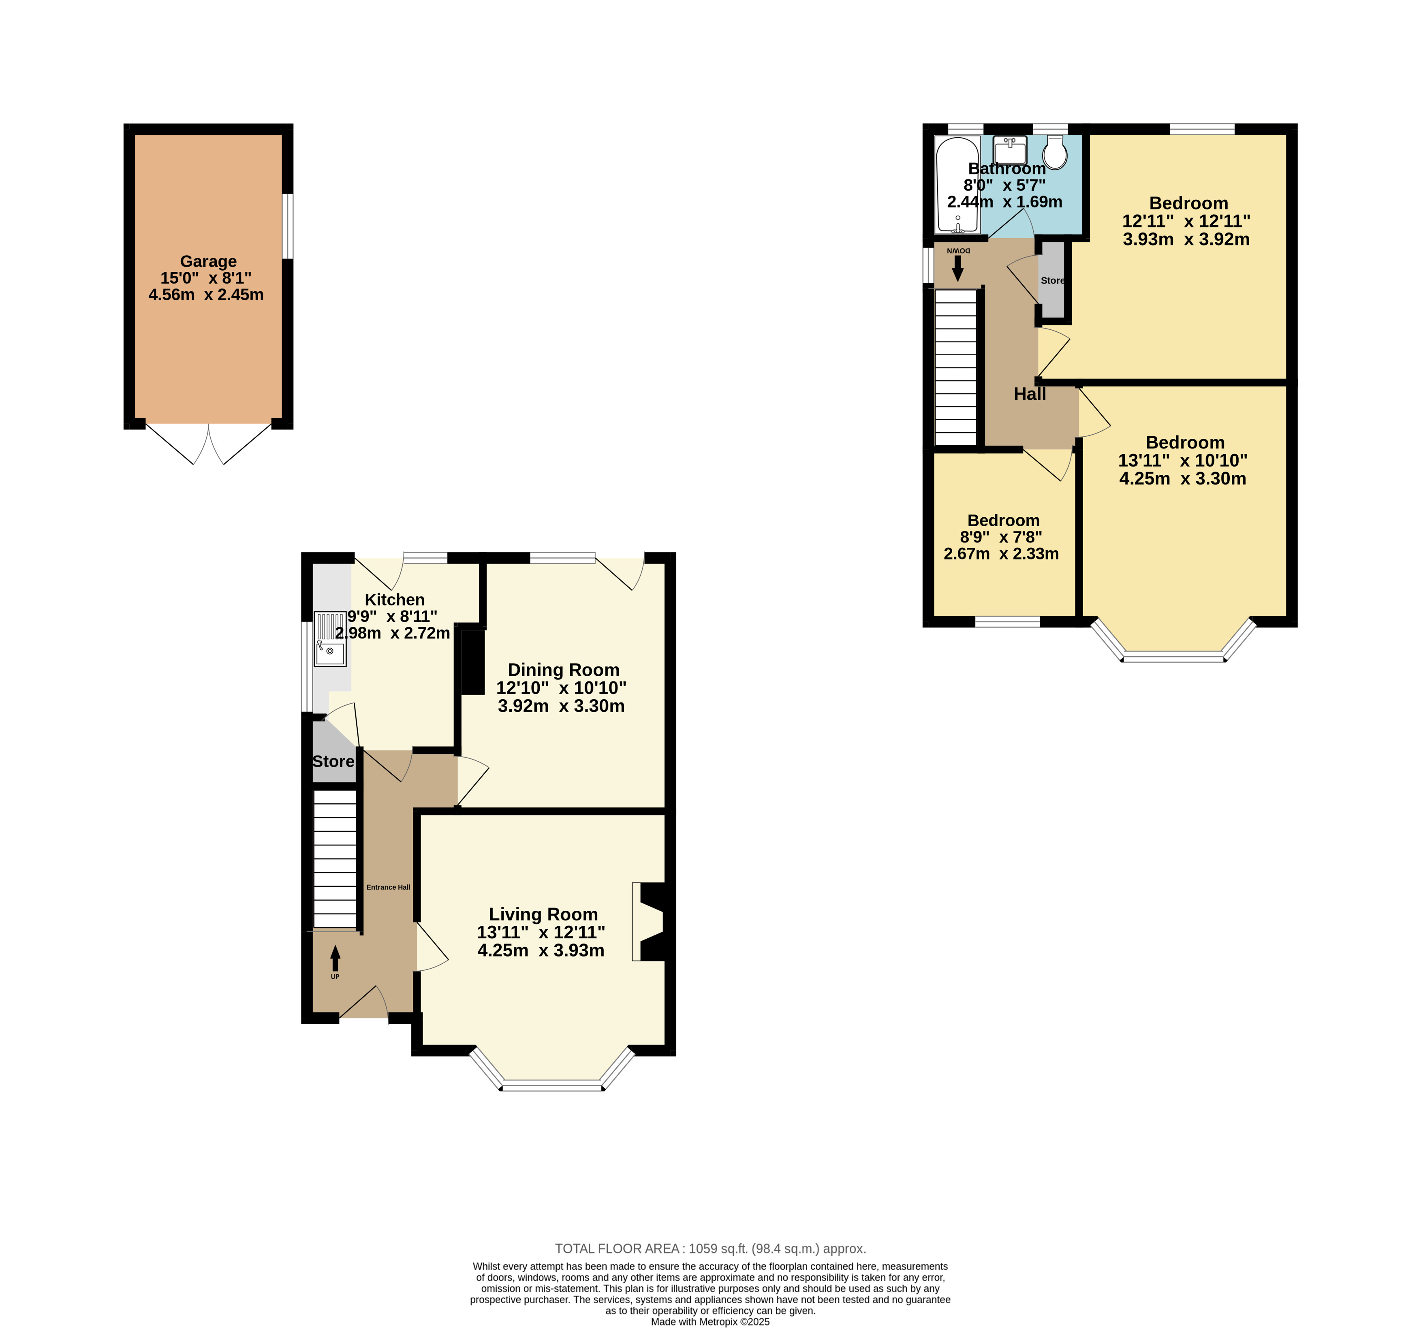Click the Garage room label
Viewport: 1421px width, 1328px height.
tap(208, 262)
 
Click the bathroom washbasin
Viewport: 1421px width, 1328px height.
tap(1010, 150)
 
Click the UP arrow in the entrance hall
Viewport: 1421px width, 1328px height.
tap(335, 959)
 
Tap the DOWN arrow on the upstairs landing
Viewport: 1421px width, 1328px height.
tap(958, 269)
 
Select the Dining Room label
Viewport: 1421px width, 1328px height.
tap(563, 670)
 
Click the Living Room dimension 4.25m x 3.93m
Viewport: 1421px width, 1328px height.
tap(541, 950)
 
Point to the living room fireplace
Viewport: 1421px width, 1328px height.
tap(652, 921)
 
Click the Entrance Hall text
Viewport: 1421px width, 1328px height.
tap(388, 887)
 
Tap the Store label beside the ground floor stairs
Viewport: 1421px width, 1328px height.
tap(333, 761)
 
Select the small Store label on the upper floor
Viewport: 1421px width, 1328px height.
tap(1052, 280)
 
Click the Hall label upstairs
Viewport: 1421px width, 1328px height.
tap(1029, 394)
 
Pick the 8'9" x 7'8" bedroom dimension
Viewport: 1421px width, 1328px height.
tap(1001, 537)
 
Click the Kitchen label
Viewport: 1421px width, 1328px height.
tap(395, 600)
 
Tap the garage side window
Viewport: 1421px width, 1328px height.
tap(287, 226)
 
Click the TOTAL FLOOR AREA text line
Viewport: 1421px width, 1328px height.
tap(711, 1249)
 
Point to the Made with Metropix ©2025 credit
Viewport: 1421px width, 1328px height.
tap(710, 1322)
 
